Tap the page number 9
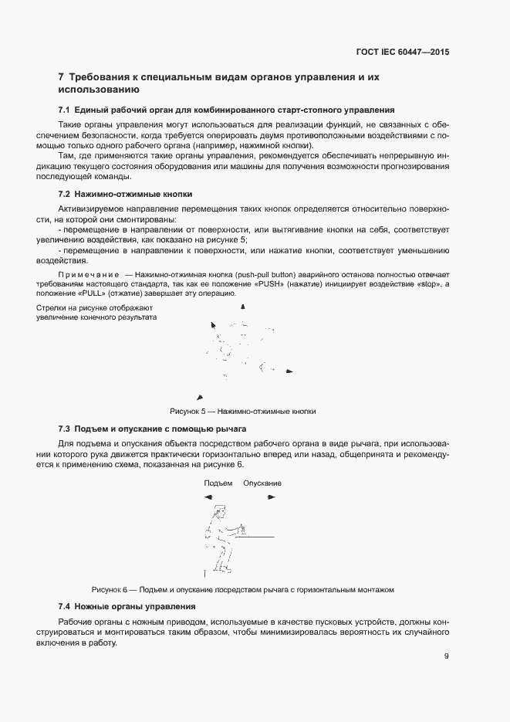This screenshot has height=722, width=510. [x=446, y=656]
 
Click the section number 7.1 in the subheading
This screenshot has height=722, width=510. [x=65, y=110]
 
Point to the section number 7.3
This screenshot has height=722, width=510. [x=65, y=429]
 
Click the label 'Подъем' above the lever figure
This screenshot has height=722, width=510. [x=218, y=483]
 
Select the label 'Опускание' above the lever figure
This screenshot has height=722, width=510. [x=262, y=483]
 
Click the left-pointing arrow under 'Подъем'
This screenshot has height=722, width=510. [x=208, y=497]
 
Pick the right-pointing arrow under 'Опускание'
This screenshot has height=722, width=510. [x=272, y=497]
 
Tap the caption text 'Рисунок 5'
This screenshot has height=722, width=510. [x=188, y=412]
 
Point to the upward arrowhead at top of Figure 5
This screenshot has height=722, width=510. [x=244, y=307]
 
